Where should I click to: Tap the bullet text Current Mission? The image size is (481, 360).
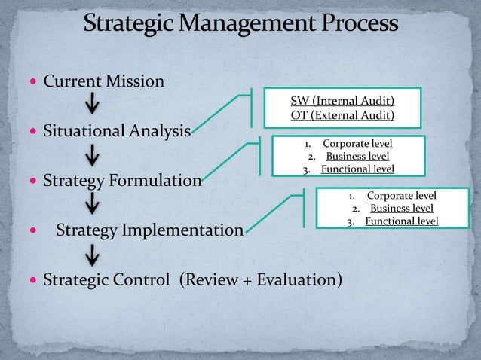[x=103, y=80]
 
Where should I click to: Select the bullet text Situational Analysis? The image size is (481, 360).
[x=116, y=133]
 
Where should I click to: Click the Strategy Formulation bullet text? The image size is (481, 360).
[x=122, y=181]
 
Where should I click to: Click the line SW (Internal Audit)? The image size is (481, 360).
[x=342, y=101]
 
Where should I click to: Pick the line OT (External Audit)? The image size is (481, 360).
[x=342, y=115]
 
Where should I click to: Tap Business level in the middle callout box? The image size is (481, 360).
[x=357, y=156]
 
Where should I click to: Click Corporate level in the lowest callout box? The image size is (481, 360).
[x=401, y=195]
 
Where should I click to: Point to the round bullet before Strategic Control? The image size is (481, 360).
[x=31, y=281]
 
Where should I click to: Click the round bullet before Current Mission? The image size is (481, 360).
[x=31, y=81]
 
